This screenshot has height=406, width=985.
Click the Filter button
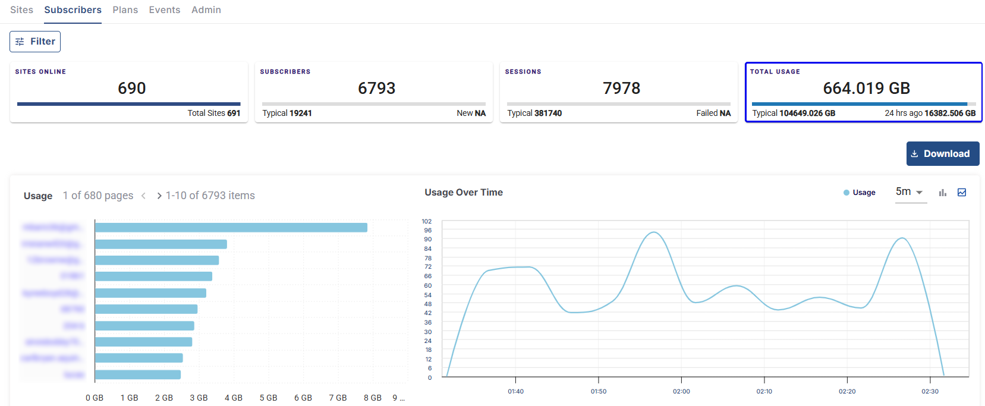tap(35, 42)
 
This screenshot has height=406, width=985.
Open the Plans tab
tap(125, 10)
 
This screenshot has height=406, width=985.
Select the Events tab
tap(164, 10)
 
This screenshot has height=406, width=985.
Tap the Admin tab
tap(206, 10)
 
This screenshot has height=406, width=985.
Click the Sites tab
tap(21, 10)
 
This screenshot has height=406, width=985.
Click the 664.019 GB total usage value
tap(866, 89)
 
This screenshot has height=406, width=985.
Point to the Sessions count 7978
tap(621, 89)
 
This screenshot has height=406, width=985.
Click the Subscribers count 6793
tap(376, 89)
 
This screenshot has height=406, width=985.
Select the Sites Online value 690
tap(131, 89)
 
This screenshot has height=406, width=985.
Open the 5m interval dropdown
tap(910, 192)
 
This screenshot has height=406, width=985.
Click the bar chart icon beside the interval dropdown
tap(942, 193)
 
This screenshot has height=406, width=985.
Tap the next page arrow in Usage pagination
tap(159, 196)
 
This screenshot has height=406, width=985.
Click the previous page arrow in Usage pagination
tap(143, 196)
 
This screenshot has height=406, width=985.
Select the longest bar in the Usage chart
tap(231, 228)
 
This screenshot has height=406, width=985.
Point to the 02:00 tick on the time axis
tap(681, 391)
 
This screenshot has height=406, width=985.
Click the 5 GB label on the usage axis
tap(268, 398)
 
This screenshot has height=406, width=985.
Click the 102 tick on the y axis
tap(427, 221)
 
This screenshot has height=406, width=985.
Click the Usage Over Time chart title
tap(464, 193)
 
